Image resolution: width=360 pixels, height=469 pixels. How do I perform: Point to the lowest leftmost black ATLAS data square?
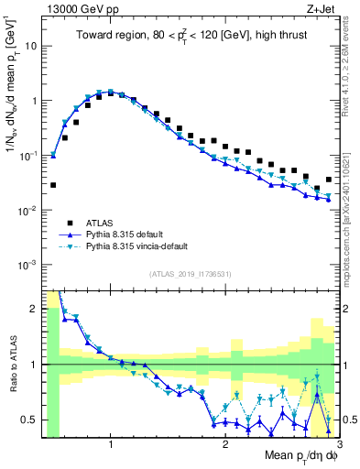53,185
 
